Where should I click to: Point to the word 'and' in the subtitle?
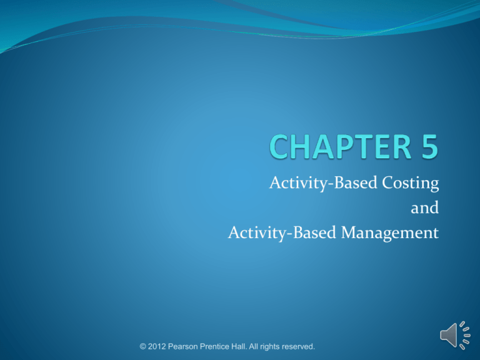pos(424,209)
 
